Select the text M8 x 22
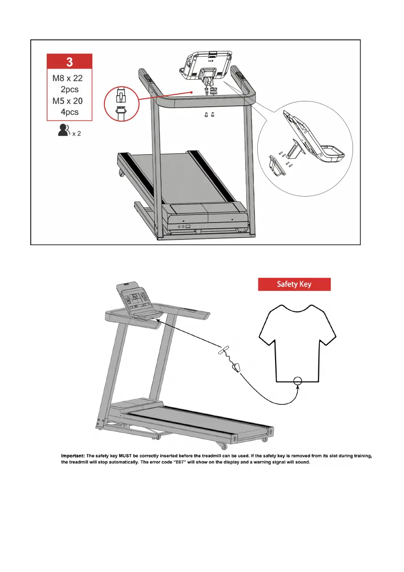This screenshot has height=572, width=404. [x=69, y=79]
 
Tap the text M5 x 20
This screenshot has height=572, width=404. [x=69, y=101]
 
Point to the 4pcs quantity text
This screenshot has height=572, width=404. [x=69, y=112]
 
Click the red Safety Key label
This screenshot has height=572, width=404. [x=294, y=284]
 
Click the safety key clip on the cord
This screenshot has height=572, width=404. [x=236, y=368]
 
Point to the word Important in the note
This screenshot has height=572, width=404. [x=72, y=455]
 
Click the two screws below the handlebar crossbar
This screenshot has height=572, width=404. [x=210, y=115]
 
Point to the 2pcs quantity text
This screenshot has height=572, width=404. [x=69, y=90]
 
